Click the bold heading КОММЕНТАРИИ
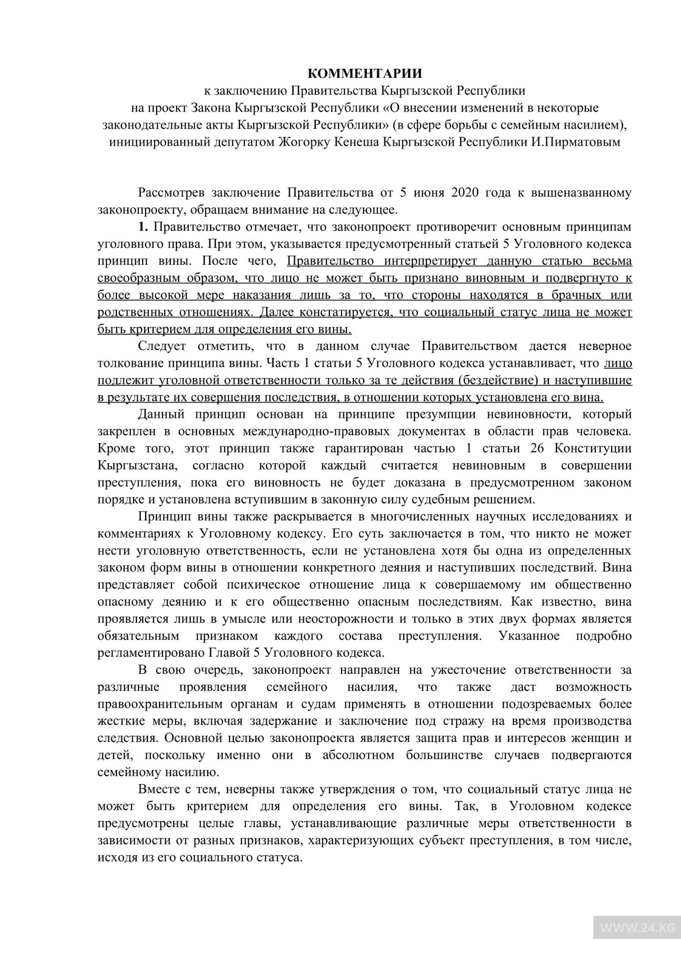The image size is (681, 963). [365, 74]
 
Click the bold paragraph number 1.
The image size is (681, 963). [143, 227]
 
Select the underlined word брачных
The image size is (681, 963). [576, 295]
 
